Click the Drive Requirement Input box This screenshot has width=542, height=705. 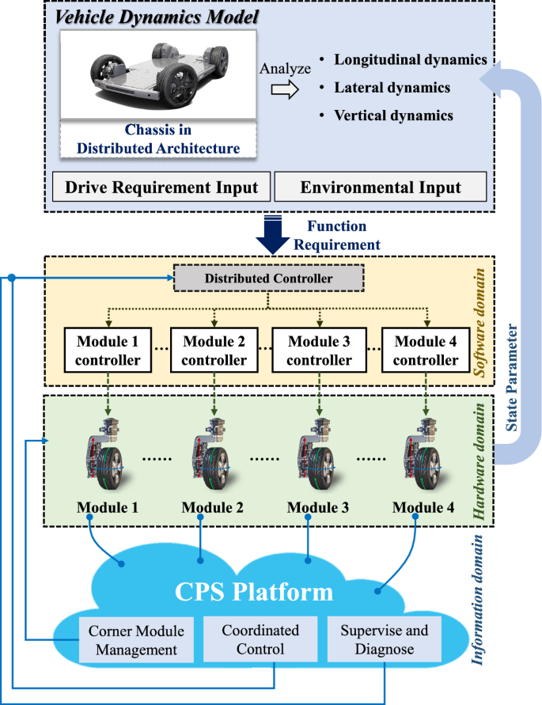[x=161, y=187]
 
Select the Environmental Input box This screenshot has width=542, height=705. [x=380, y=187]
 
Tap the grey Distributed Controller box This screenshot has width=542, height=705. [x=268, y=278]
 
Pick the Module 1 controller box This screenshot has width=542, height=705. [x=108, y=351]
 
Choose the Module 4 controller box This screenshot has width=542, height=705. [x=426, y=351]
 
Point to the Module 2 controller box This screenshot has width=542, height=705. [x=214, y=351]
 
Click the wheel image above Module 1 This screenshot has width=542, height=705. [x=108, y=455]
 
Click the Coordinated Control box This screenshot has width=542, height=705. [x=260, y=640]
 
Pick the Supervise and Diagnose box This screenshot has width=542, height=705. [x=385, y=640]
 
